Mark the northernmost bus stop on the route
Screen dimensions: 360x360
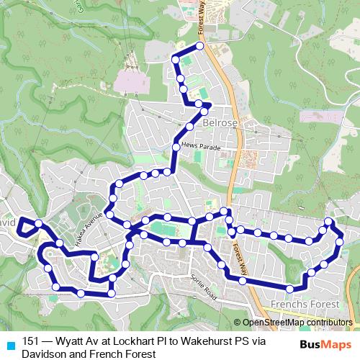click(200, 46)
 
